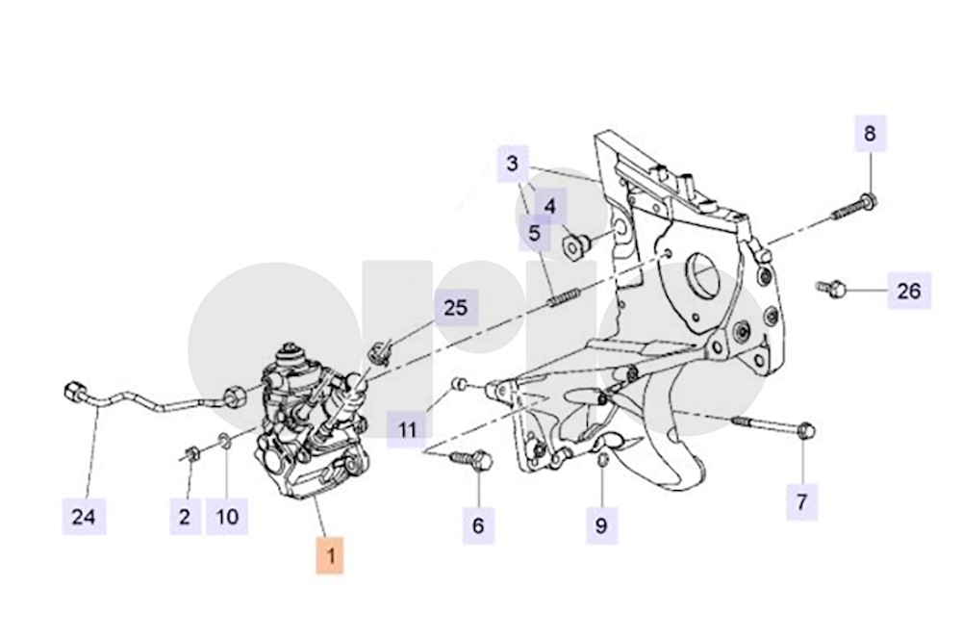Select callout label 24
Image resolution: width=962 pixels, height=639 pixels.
pos(85,517)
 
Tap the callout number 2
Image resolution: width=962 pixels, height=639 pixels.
pos(185,517)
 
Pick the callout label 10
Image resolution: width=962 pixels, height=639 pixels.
pos(226,517)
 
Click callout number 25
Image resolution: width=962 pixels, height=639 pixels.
pos(455,308)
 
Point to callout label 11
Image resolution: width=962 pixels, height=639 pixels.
pos(409,428)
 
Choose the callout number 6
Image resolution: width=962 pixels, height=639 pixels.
pos(478,525)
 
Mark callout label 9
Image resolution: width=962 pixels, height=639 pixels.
pos(601,525)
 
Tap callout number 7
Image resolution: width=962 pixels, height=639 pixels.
pos(801,501)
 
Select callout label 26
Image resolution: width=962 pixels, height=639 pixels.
pos(909,289)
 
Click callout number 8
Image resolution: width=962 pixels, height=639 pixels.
pos(870,134)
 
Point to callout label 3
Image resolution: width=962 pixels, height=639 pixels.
pos(513,163)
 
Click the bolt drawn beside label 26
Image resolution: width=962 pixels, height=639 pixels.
pos(831,287)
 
